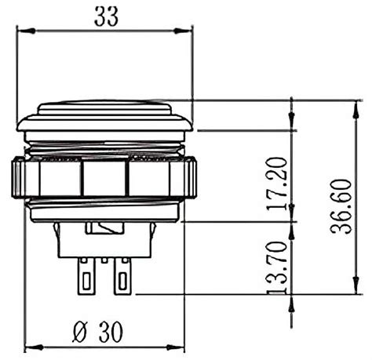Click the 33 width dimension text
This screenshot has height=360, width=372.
106,16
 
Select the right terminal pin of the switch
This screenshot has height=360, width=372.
122,277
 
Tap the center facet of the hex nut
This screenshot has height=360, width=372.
104,178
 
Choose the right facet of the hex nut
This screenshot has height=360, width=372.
154,178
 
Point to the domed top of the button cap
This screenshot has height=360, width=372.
104,105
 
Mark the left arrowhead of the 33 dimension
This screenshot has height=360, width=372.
23,31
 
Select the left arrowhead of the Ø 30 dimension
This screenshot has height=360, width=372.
31,347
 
